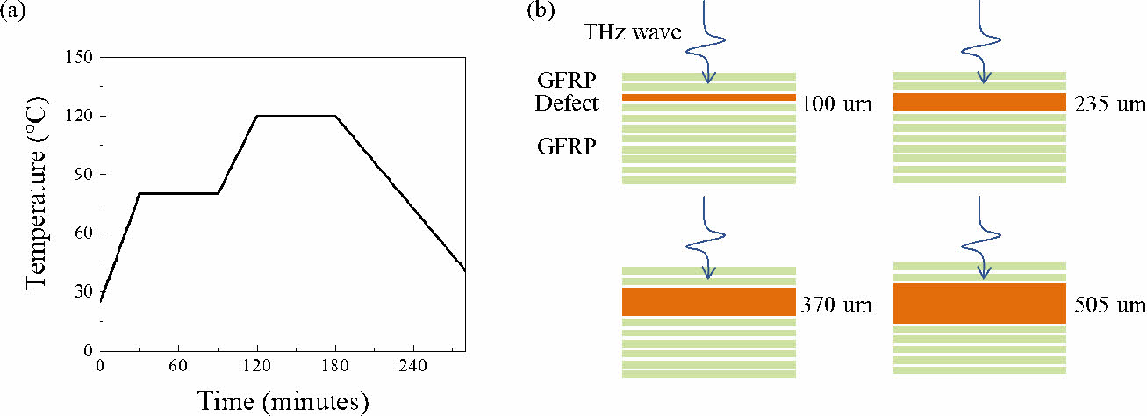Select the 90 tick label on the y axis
pos(87,175)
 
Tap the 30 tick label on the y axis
pos(87,292)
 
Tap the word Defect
pos(567,103)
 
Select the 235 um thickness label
pos(1109,104)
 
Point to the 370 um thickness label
pos(837,305)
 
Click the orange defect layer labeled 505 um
pos(979,303)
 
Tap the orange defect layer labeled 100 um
pos(709,97)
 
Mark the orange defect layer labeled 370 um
pos(709,302)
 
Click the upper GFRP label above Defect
pos(567,80)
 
